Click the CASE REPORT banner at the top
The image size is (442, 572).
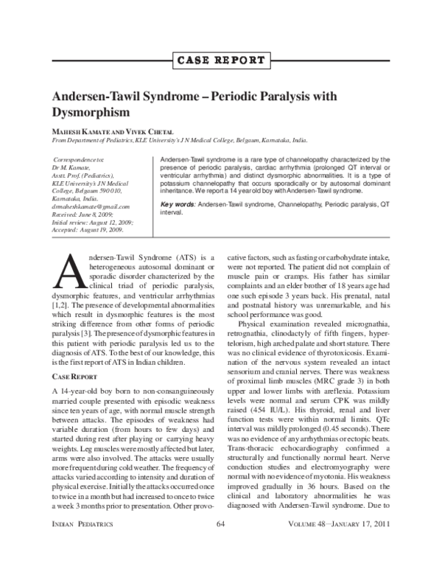tap(220, 60)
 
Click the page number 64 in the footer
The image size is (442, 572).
tap(220, 543)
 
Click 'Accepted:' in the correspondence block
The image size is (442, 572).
tap(66, 230)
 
